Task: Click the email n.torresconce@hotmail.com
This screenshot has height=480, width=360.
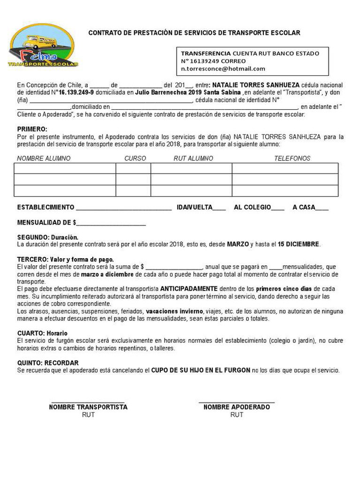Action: point(223,68)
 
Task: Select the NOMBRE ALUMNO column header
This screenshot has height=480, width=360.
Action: point(44,158)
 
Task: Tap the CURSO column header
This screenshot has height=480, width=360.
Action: point(135,158)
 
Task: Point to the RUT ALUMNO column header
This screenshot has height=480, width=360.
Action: point(193,158)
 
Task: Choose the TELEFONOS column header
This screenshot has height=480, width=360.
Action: point(292,158)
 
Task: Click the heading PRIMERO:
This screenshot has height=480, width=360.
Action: point(32,129)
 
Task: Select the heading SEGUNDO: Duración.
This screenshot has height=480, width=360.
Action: point(48,237)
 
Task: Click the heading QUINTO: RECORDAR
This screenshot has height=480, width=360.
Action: point(48,363)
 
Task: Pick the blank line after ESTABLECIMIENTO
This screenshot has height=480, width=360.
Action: point(124,208)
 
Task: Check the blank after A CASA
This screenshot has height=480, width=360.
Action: point(322,208)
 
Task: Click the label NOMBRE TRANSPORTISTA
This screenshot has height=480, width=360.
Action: point(88,407)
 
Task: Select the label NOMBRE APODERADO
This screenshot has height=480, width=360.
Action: point(237,407)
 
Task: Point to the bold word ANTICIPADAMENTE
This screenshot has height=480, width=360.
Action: point(189,289)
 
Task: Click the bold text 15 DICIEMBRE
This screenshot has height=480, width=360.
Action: point(299,244)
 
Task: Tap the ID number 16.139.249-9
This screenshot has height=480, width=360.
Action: point(76,92)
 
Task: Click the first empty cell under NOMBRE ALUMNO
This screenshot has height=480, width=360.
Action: point(65,168)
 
